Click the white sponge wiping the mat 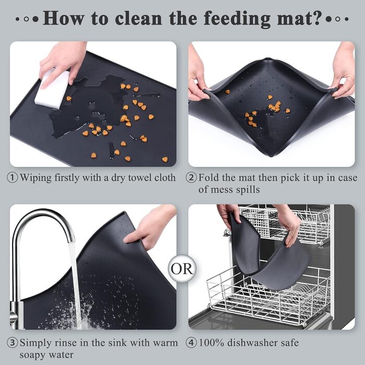[53, 89]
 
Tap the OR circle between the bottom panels [182, 269]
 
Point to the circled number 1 [12, 178]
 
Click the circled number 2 [191, 178]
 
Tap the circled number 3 [12, 343]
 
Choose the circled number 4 [191, 343]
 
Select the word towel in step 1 [139, 178]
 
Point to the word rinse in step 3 [66, 343]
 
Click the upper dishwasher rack [285, 224]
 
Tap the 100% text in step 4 [211, 343]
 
